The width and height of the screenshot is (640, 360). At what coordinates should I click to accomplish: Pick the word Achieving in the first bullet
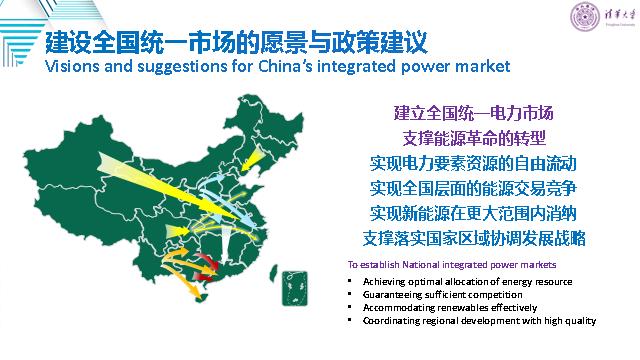(385, 282)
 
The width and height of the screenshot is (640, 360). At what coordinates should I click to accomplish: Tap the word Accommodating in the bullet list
(397, 308)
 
